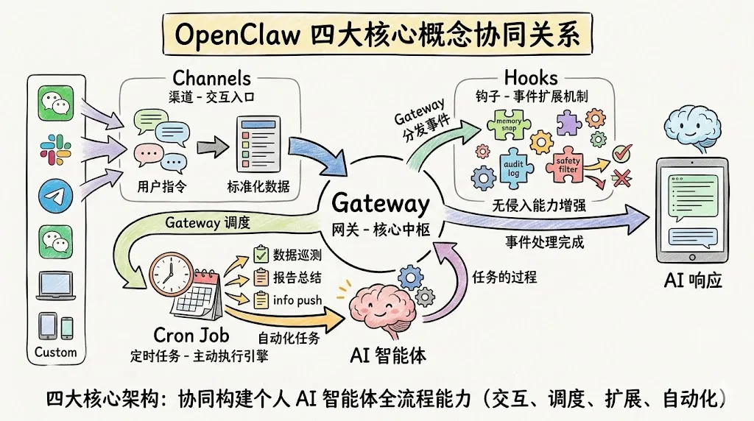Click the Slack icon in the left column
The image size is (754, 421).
56,148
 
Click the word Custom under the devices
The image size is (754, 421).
56,353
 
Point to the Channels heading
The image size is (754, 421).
211,78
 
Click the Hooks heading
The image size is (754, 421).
530,77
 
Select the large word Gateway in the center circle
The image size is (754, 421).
380,203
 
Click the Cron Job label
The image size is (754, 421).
191,335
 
